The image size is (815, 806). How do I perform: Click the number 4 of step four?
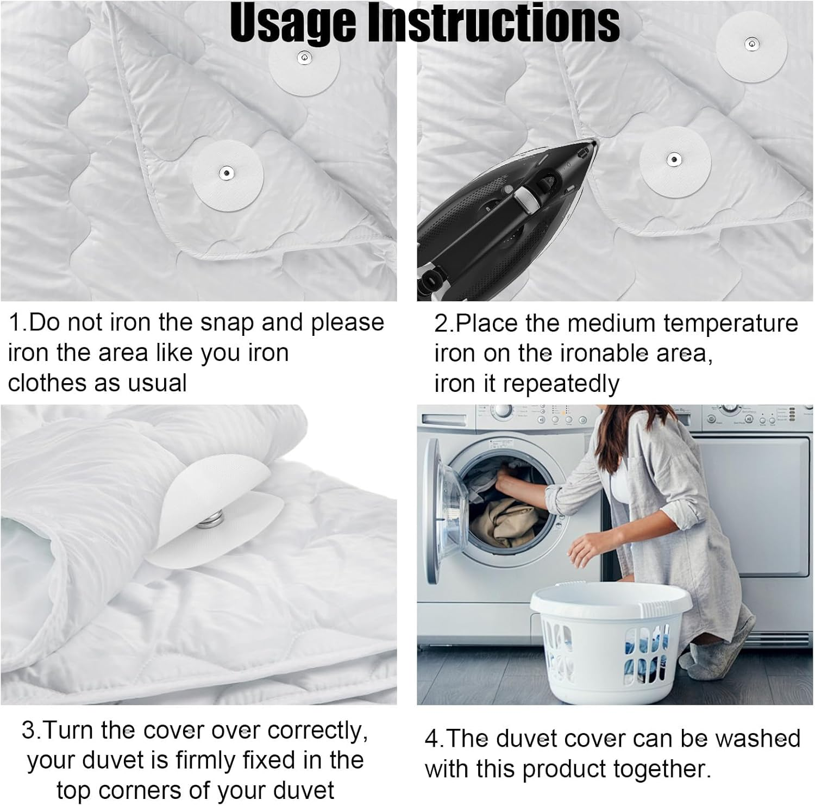click(431, 739)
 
